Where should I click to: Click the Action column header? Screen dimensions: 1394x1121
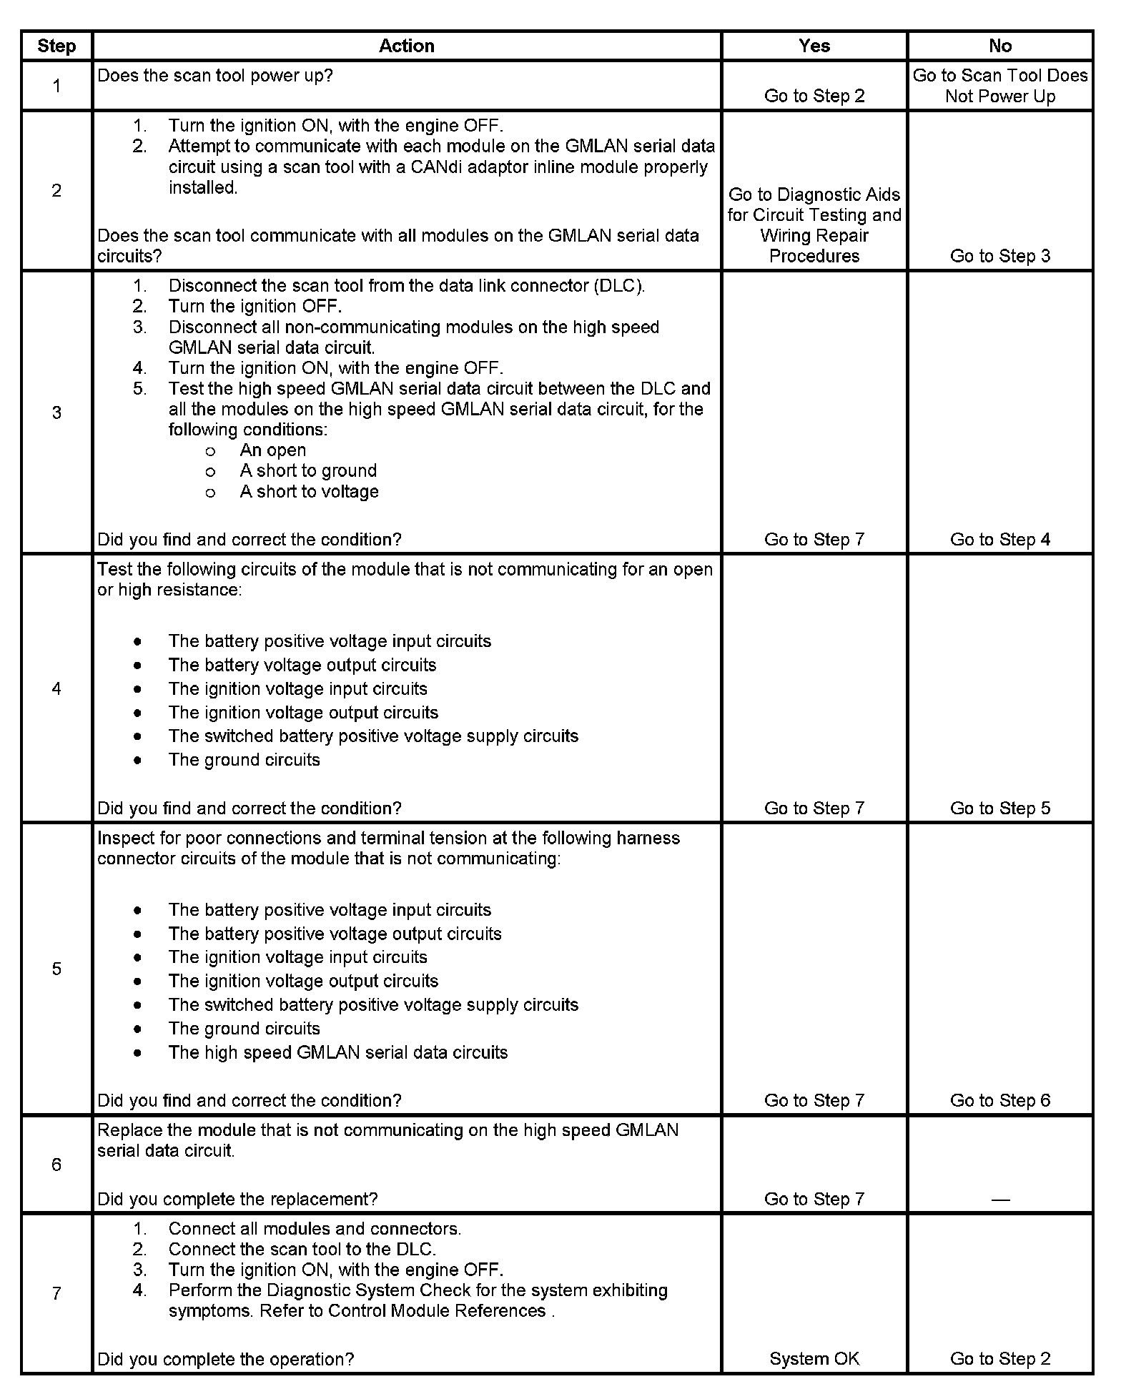[x=406, y=46]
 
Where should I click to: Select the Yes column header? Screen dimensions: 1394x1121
[x=814, y=46]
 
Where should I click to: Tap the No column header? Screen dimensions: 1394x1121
[x=999, y=46]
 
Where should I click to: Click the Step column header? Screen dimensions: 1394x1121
[x=56, y=46]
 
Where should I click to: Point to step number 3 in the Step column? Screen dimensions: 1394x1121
[x=56, y=412]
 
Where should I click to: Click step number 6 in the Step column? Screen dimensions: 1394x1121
[x=56, y=1165]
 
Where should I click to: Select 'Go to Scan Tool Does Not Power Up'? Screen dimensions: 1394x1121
[x=999, y=86]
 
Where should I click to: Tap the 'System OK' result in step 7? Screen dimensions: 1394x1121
[x=814, y=1359]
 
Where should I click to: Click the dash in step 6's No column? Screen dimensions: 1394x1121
[x=1000, y=1200]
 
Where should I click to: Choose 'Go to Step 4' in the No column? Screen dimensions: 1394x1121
[x=999, y=540]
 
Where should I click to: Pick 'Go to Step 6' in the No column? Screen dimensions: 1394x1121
[x=999, y=1100]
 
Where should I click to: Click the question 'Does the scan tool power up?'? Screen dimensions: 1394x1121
[x=214, y=76]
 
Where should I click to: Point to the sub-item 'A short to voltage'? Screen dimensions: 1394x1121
[x=309, y=492]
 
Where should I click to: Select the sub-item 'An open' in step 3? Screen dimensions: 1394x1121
[x=272, y=450]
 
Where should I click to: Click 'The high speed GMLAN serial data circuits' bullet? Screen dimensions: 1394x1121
[x=337, y=1052]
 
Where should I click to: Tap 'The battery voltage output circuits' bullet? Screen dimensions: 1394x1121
[x=302, y=665]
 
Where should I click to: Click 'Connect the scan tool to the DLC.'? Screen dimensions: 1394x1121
[x=302, y=1249]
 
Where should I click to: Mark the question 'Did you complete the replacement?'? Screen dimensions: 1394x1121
[x=237, y=1199]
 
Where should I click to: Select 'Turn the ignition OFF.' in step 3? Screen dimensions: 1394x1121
[x=255, y=307]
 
